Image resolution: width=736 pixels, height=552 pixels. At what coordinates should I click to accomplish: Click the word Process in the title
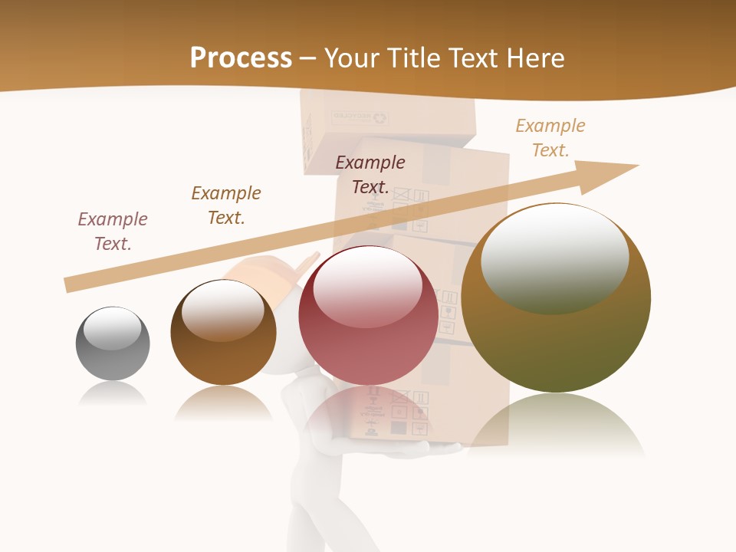point(241,58)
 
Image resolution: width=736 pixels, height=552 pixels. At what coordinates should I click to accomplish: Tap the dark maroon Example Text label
point(370,175)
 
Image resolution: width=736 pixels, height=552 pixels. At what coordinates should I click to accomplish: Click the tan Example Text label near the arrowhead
point(550,138)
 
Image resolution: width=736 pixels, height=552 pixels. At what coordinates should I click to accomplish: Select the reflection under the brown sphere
point(223,402)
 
